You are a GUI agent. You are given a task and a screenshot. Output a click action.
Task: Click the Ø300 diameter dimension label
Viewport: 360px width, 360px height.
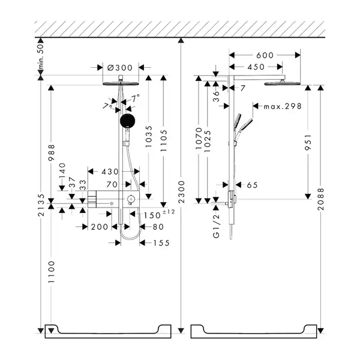tap(120, 68)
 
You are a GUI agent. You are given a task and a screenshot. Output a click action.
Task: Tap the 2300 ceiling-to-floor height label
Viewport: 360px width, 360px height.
tap(181, 192)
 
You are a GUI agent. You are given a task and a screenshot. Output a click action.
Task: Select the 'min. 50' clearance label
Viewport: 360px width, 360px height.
tap(40, 57)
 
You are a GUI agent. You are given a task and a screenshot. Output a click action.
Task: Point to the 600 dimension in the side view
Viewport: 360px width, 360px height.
tap(265, 55)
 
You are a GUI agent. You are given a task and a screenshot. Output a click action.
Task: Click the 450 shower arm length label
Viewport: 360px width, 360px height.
tap(256, 67)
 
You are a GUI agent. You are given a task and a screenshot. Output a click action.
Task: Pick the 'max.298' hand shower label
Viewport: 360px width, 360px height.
tap(283, 106)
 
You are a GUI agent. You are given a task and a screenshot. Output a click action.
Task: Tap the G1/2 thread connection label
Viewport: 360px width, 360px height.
tap(216, 226)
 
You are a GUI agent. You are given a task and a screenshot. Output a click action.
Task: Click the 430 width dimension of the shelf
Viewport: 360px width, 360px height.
tap(110, 172)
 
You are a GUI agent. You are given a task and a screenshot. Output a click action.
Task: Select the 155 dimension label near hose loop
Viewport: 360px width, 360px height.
tap(161, 243)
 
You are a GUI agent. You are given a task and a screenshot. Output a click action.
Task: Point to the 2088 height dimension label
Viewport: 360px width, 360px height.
tap(320, 199)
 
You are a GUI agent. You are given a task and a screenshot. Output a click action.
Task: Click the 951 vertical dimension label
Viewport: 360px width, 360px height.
tap(308, 143)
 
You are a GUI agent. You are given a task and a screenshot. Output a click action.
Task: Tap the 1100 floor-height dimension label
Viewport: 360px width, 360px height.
tap(51, 272)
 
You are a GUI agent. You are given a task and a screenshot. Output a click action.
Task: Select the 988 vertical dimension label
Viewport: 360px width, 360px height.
tap(51, 152)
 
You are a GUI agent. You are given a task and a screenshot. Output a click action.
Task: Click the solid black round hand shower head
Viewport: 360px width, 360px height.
tap(127, 121)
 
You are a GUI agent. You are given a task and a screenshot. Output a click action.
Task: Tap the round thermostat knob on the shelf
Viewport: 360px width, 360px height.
tap(131, 198)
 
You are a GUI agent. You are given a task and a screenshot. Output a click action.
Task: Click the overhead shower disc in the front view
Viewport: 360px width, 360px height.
tap(121, 83)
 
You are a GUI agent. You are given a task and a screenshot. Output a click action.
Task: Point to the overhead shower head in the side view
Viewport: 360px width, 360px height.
tap(282, 83)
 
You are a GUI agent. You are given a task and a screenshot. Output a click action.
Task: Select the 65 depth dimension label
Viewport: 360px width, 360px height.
tap(252, 185)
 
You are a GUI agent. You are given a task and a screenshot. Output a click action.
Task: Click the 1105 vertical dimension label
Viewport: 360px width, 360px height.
tap(163, 140)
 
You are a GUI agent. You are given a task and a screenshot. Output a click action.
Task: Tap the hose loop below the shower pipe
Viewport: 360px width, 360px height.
tap(130, 236)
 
